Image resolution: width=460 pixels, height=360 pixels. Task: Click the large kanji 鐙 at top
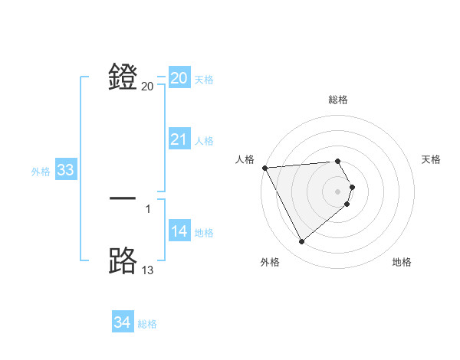tap(123, 77)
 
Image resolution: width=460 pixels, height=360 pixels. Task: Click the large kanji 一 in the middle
tap(123, 198)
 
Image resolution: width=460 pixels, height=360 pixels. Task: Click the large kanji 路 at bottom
tap(123, 261)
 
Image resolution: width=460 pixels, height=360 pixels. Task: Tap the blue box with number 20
tap(179, 78)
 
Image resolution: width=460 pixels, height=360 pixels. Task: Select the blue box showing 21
tap(179, 139)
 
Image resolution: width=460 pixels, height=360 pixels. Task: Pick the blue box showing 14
tap(179, 231)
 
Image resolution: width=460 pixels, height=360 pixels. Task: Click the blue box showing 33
tap(65, 170)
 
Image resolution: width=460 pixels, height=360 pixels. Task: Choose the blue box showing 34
tap(122, 322)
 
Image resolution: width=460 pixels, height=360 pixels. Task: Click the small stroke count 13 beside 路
tap(148, 270)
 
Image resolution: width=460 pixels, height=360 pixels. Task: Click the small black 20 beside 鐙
tap(148, 87)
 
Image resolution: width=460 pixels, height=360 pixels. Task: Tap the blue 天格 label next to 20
tap(204, 80)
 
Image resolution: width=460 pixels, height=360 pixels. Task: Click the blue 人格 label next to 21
tap(204, 141)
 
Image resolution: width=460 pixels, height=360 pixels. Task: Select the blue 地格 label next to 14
tap(204, 233)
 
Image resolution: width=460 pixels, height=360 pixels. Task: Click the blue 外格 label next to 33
tap(41, 172)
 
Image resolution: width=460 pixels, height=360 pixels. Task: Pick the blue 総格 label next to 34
tap(147, 324)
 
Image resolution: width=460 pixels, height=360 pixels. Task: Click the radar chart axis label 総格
tap(338, 100)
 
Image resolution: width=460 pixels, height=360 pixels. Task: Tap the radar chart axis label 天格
tap(431, 159)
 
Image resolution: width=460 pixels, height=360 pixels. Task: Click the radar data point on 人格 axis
tap(264, 168)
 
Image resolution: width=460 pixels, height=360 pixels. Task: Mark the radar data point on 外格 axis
tap(301, 242)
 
